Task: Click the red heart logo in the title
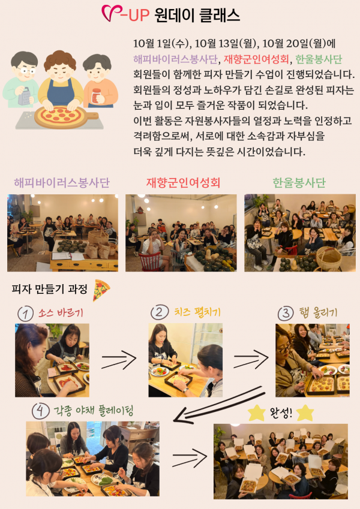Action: point(110,13)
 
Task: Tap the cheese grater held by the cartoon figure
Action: point(24,96)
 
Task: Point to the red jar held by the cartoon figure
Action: point(96,96)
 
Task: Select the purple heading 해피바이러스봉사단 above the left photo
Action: point(62,183)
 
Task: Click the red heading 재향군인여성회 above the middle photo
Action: point(183,183)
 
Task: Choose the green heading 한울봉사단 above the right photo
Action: point(299,183)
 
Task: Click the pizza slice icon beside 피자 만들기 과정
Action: point(101,290)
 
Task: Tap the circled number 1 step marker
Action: point(25,314)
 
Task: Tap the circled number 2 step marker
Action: point(160,312)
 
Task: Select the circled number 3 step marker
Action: point(286,314)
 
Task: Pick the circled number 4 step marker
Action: point(41,411)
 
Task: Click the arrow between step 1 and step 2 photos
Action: point(119,359)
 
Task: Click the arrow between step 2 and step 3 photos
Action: point(251,359)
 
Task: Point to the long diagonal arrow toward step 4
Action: point(219,405)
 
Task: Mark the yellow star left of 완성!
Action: point(256,413)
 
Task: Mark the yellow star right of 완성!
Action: point(305,413)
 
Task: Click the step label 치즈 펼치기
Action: point(197,312)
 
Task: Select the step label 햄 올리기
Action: point(319,313)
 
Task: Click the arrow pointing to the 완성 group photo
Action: point(190,457)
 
